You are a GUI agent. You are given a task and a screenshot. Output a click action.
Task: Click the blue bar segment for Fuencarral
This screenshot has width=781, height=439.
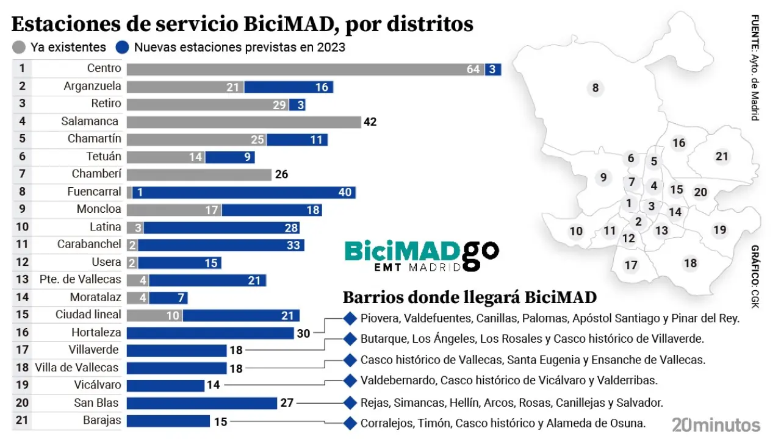[244, 193]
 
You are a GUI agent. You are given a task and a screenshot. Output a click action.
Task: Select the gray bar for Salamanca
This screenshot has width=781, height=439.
[243, 122]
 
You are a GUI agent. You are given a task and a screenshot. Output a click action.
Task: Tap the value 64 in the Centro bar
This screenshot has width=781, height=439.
[473, 69]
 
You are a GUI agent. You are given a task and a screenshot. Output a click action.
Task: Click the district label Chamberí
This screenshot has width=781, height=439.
[96, 174]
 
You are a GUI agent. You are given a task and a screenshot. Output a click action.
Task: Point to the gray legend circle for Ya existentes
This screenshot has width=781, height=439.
[19, 47]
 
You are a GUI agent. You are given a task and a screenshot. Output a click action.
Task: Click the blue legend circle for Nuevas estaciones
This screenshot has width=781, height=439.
[123, 47]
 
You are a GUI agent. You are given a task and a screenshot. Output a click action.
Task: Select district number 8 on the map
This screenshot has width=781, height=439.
[595, 88]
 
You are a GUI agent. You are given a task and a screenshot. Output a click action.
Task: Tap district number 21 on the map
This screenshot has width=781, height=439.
[722, 157]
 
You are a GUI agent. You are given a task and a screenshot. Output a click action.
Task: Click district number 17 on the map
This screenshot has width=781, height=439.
[631, 265]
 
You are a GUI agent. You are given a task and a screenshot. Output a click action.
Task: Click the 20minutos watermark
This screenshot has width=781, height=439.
[716, 424]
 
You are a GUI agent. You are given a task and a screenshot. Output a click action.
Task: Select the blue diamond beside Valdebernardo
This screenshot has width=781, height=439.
[350, 381]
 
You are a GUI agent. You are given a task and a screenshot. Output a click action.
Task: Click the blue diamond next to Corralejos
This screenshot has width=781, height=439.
[350, 423]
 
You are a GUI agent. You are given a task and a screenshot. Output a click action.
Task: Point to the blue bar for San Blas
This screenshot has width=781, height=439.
[202, 403]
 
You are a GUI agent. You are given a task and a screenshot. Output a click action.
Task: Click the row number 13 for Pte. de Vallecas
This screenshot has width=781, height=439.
[22, 280]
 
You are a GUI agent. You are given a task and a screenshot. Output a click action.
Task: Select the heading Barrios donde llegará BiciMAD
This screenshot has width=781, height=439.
[469, 298]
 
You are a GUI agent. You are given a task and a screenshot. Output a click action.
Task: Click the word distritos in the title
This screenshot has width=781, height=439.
[433, 24]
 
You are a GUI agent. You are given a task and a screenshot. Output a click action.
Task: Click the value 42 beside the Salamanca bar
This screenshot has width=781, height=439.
[370, 122]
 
